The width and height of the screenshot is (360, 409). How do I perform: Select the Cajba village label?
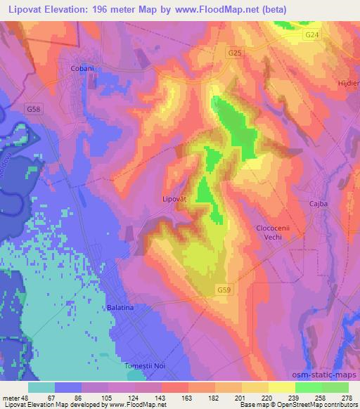[x=319, y=204]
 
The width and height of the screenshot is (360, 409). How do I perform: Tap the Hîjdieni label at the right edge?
[x=349, y=82]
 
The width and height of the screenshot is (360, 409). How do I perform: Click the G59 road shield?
[x=224, y=290]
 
